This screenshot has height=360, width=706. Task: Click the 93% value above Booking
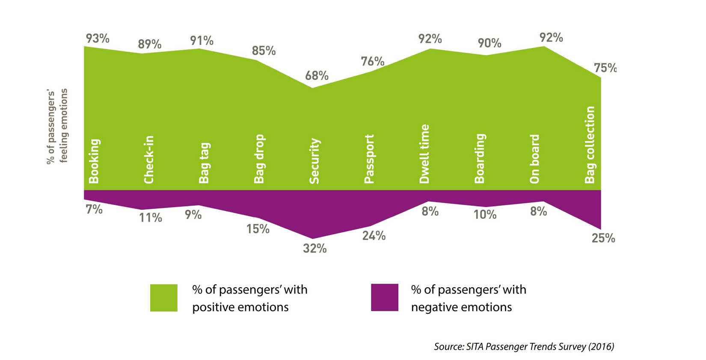(98, 39)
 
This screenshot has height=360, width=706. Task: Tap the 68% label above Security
(317, 76)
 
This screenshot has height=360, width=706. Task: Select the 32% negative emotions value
(314, 248)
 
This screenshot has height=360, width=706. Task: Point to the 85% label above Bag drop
(264, 51)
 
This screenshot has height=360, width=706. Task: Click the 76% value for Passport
(372, 62)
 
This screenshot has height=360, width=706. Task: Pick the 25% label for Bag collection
(603, 238)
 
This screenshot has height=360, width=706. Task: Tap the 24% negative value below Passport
(374, 235)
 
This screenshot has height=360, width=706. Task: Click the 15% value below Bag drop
(258, 229)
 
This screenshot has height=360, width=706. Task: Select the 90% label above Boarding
(489, 43)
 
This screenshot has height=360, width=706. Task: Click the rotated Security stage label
(314, 161)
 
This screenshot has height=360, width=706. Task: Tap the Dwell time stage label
(424, 154)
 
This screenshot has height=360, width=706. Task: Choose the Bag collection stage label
(590, 145)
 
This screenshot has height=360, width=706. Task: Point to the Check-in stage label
(149, 160)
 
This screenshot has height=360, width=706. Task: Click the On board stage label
(535, 159)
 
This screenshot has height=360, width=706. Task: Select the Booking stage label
(94, 161)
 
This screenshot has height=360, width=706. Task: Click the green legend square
(163, 298)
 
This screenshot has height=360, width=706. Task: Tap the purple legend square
(384, 298)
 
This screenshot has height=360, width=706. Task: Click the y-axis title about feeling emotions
(57, 126)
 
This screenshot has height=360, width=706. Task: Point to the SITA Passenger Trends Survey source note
(524, 346)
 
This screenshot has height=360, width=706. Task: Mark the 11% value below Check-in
(150, 218)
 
